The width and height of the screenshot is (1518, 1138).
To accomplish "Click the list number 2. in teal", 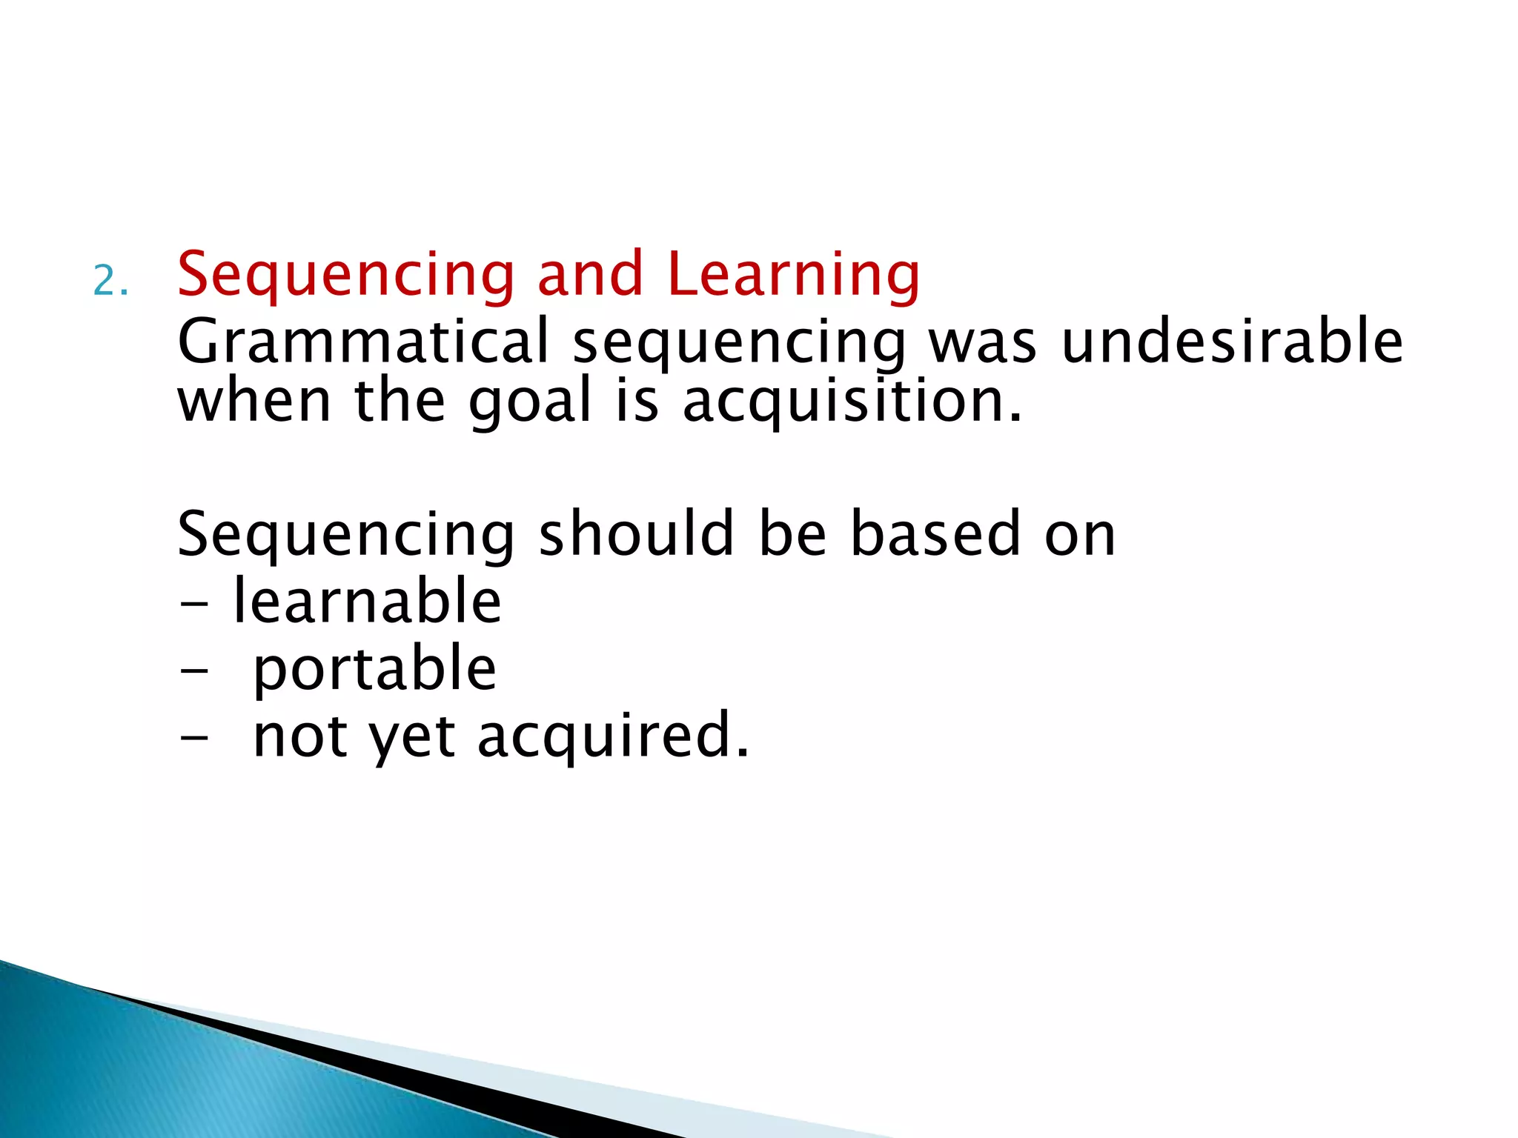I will pyautogui.click(x=111, y=282).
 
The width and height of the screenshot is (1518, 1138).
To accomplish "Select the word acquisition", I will pyautogui.click(x=852, y=402).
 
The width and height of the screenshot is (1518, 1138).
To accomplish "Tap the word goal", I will pyautogui.click(x=531, y=402).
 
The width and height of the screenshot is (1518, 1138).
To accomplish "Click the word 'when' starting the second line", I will pyautogui.click(x=254, y=401).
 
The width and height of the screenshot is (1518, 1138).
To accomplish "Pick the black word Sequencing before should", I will pyautogui.click(x=346, y=535).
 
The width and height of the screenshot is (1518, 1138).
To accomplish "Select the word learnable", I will pyautogui.click(x=367, y=601).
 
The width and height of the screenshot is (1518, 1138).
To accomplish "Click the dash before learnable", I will pyautogui.click(x=194, y=602).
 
